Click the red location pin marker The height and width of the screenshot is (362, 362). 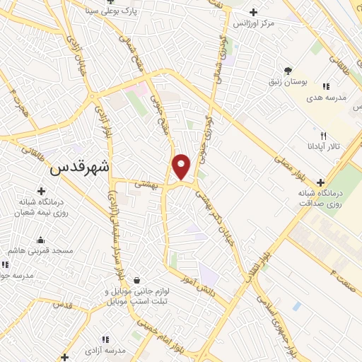182,167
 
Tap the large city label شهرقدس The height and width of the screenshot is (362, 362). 79,169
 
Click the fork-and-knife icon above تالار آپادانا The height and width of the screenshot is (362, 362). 323,135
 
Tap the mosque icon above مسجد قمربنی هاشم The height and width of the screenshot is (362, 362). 40,239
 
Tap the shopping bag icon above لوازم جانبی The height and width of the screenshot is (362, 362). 135,280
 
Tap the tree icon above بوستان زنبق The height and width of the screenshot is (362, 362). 288,70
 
